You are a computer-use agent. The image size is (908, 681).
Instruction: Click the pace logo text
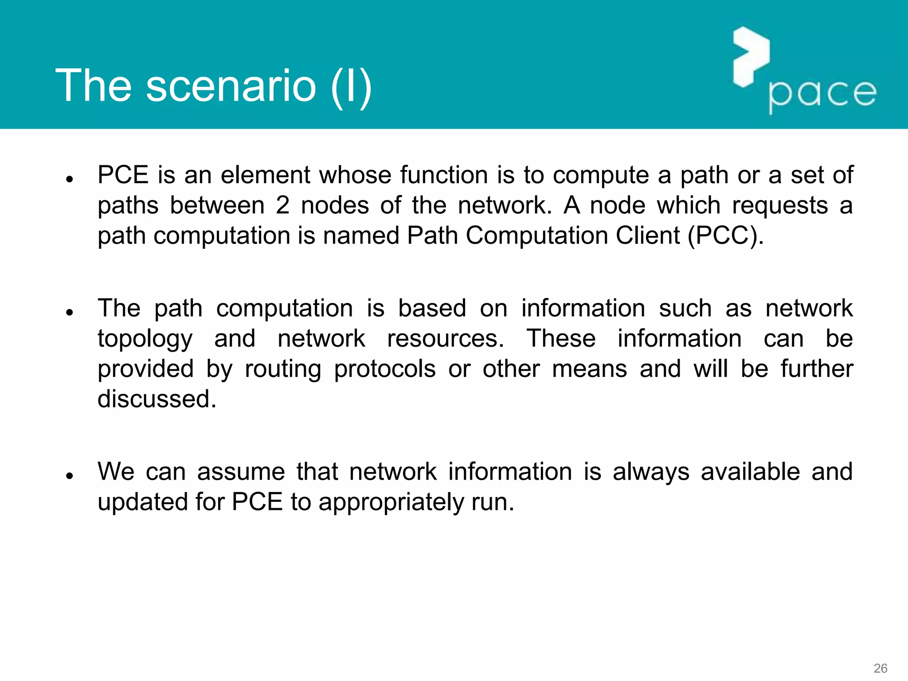point(822,94)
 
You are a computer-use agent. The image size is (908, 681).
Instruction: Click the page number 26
point(880,668)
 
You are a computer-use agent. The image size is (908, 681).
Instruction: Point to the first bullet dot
point(69,179)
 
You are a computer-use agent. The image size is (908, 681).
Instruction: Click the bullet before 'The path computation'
point(69,313)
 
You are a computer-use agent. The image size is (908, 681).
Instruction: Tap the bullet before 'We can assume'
point(69,476)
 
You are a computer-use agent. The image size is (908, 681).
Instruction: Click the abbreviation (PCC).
point(726,235)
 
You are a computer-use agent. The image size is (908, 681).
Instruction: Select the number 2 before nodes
point(282,206)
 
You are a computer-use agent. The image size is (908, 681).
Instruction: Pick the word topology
point(145,340)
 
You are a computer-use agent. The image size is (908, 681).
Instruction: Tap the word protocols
point(385,369)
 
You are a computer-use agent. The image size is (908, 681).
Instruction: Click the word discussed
point(157,399)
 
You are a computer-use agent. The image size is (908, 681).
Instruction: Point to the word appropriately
point(390,503)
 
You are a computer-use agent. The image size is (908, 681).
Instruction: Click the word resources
point(446,339)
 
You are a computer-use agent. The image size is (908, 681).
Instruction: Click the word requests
point(780,206)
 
